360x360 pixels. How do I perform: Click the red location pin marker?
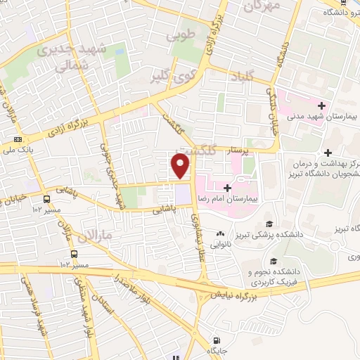[181, 167]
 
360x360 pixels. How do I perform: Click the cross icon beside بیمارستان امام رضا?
[228, 188]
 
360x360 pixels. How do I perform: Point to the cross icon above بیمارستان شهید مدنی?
[321, 105]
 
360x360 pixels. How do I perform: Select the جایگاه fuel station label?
[214, 349]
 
